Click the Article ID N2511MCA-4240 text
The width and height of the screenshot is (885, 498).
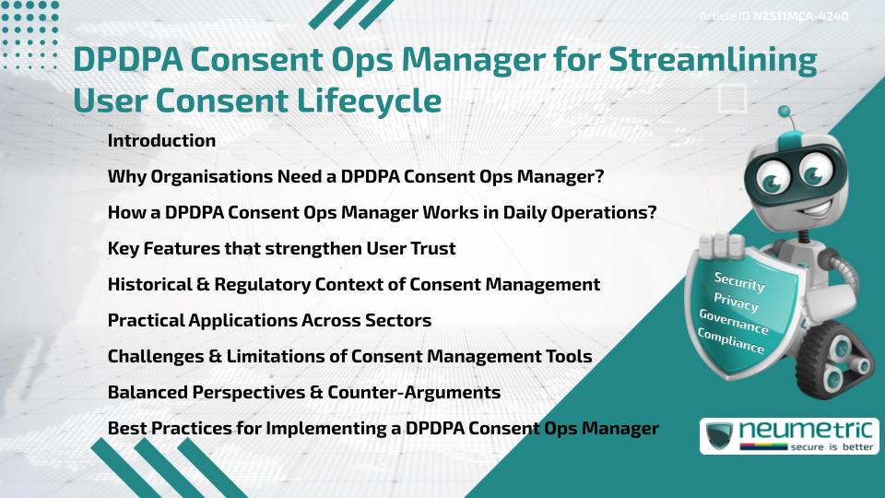tap(773, 17)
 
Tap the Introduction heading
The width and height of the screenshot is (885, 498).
tap(161, 141)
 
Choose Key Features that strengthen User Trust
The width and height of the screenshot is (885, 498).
tap(281, 249)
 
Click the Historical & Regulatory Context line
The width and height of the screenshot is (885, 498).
tap(353, 285)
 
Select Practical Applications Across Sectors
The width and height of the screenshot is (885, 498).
tap(269, 321)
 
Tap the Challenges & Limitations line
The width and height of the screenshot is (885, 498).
tap(349, 357)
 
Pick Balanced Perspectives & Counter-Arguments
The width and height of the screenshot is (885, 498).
tap(303, 393)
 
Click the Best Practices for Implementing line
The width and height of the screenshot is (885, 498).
tap(383, 429)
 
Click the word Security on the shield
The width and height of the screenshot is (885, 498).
tap(739, 282)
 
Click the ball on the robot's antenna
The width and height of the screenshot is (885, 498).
tap(785, 113)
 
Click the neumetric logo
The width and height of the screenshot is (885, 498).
tap(789, 435)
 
